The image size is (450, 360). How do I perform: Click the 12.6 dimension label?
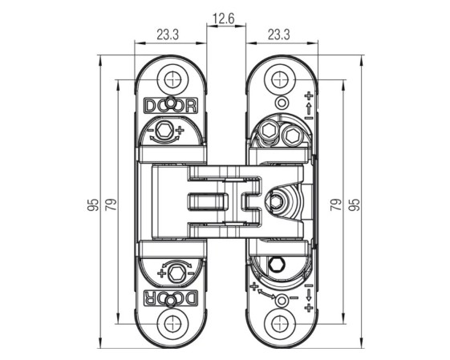click(224, 19)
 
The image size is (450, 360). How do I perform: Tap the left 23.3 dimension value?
click(168, 35)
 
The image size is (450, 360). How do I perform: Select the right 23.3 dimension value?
click(279, 35)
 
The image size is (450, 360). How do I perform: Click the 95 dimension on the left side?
click(93, 204)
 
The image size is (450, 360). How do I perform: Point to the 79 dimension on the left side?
click(111, 204)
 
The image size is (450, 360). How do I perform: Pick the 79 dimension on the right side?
click(336, 204)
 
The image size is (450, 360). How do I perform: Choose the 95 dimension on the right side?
click(355, 204)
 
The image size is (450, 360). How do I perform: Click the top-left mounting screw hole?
click(172, 79)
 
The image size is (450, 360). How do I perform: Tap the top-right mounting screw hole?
click(280, 79)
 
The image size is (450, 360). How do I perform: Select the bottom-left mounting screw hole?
click(172, 324)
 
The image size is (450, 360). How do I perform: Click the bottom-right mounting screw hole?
click(280, 324)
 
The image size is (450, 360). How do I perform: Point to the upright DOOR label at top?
click(172, 105)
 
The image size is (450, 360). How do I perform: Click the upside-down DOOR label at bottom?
click(172, 298)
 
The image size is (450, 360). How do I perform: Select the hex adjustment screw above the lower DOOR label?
click(175, 273)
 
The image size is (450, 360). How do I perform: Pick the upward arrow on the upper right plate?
click(309, 109)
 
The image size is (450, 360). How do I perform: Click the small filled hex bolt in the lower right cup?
click(277, 264)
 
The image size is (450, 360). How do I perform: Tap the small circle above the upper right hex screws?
click(282, 103)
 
